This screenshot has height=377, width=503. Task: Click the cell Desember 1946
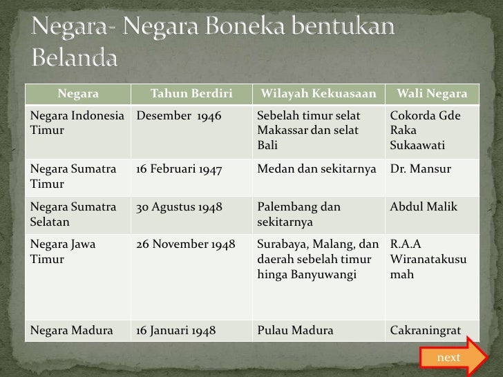[x=179, y=116]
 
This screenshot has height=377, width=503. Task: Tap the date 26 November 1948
[x=186, y=244]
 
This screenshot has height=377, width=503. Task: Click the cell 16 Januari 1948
[x=176, y=331]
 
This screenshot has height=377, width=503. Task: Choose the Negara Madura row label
[x=72, y=331]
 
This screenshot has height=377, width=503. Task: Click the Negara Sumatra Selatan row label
[x=73, y=215]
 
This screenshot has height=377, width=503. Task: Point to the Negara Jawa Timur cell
[x=63, y=252]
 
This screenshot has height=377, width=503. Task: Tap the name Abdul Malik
[x=424, y=207]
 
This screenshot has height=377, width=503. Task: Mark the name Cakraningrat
[x=426, y=331]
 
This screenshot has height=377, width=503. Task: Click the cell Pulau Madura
[x=295, y=331]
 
